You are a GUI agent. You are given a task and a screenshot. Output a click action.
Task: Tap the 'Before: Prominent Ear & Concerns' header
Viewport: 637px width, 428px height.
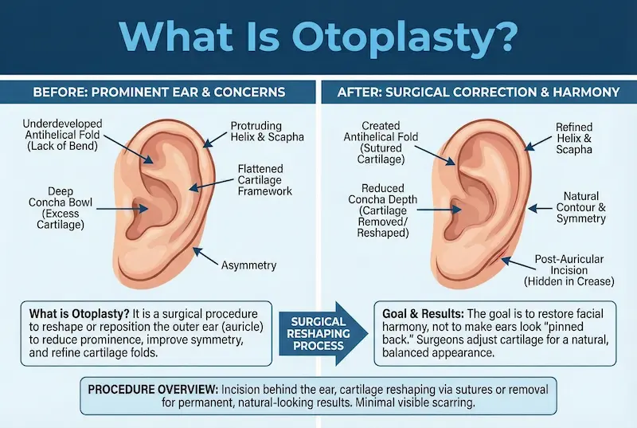click(x=158, y=92)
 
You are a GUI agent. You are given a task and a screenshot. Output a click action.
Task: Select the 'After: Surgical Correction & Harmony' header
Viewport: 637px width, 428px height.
click(x=479, y=92)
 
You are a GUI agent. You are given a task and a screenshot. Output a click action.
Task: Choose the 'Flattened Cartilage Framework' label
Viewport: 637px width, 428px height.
click(x=265, y=179)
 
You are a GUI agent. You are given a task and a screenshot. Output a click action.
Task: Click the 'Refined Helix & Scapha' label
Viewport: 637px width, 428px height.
click(x=573, y=137)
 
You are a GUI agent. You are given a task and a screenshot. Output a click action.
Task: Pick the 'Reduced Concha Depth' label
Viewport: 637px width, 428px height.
click(x=378, y=210)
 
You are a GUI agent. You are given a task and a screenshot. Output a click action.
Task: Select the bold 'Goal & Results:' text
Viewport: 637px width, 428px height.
click(x=419, y=313)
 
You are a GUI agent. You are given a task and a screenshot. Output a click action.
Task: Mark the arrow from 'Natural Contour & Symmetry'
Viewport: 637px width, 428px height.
click(x=541, y=207)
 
